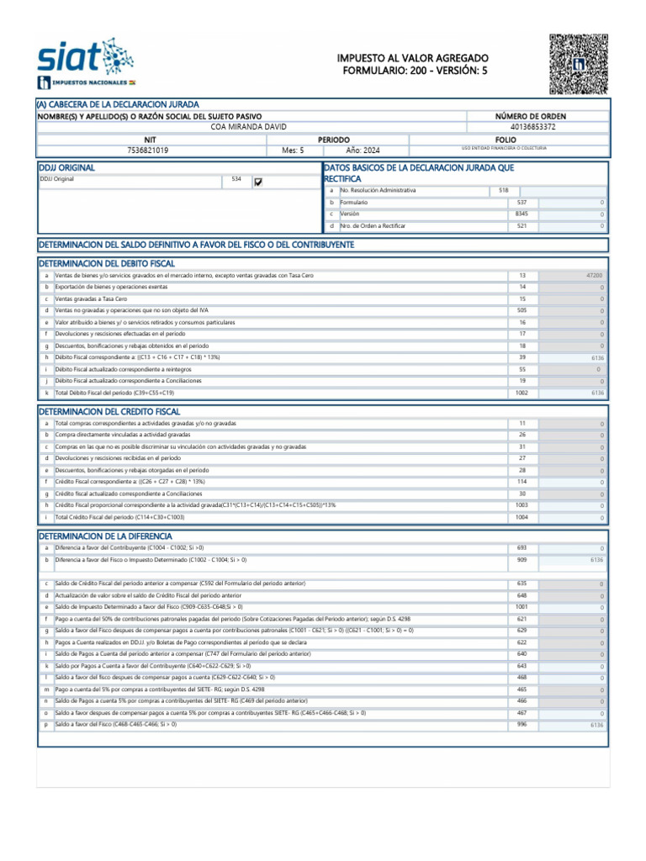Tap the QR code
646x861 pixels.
tap(578, 64)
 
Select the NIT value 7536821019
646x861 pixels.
tap(148, 151)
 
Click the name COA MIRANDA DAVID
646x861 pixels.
tap(248, 127)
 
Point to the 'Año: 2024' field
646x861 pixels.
tap(363, 151)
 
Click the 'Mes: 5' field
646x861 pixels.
tap(293, 151)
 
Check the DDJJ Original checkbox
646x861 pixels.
tap(258, 182)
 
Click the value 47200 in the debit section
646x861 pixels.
tap(594, 276)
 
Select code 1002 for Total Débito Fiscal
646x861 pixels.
tap(522, 393)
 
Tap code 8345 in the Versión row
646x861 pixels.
tap(522, 214)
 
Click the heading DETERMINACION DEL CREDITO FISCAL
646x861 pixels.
tap(109, 411)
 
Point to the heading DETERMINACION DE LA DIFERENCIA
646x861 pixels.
tap(105, 536)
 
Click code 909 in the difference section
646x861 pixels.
tap(522, 559)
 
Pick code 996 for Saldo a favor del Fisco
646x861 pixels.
tap(522, 724)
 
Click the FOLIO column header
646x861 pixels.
tap(506, 139)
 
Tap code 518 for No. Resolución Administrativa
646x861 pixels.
tap(504, 191)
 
